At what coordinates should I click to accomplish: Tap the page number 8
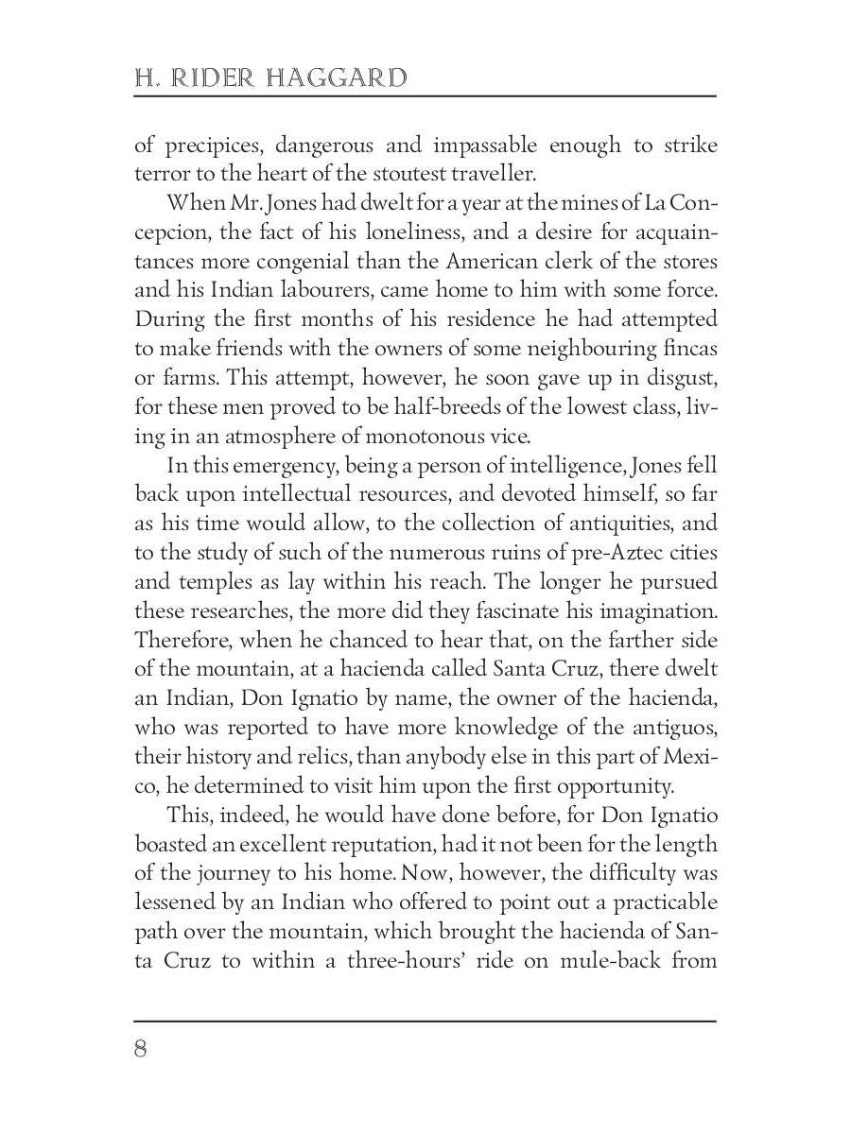tap(142, 1049)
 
